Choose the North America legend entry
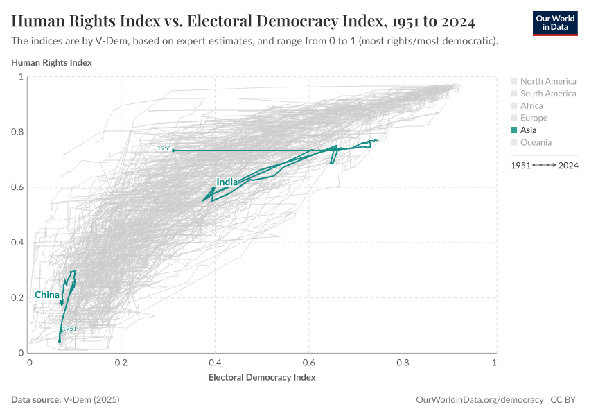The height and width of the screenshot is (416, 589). coord(547,81)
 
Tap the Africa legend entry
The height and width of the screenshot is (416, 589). coord(531,106)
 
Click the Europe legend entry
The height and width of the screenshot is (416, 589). coord(534,118)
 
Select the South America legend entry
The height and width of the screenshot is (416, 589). coord(547,94)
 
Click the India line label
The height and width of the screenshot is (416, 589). coord(227,182)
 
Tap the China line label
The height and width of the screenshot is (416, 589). coord(47,295)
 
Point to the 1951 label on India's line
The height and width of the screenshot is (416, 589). coord(164,148)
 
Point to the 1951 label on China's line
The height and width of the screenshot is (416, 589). coord(69,329)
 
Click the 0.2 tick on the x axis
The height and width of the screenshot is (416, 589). coord(122,363)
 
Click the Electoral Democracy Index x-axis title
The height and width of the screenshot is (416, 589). coord(262,378)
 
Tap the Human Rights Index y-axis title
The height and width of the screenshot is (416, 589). coord(52,62)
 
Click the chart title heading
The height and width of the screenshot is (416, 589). coord(243,21)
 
